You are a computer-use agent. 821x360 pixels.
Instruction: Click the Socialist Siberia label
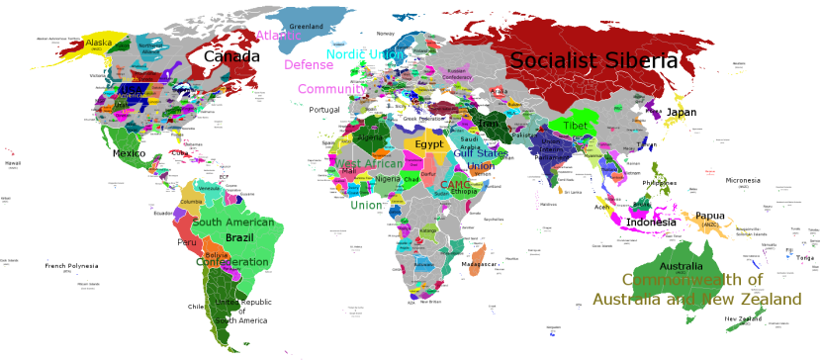pos(593,61)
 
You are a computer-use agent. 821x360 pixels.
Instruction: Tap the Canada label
pos(231,57)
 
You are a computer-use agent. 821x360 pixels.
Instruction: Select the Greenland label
pos(306,26)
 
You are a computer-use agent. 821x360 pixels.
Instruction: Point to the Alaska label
pos(99,43)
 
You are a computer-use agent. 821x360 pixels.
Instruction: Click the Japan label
pos(681,113)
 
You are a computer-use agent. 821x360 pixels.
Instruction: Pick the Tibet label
pos(575,127)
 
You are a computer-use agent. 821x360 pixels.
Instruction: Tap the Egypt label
pos(428,144)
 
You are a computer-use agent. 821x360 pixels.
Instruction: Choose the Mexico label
pos(129,153)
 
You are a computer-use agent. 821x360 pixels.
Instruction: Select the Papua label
pos(709,216)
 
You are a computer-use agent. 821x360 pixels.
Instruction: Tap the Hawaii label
pos(12,163)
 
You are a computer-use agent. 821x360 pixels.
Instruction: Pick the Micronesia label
pos(743,181)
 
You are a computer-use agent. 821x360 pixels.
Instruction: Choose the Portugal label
pos(323,110)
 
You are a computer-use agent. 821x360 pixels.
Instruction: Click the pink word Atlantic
pos(277,36)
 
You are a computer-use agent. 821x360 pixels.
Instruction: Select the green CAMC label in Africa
pos(455,185)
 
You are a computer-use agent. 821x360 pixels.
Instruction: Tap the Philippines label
pos(660,183)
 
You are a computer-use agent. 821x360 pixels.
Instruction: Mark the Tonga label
pos(805,258)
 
